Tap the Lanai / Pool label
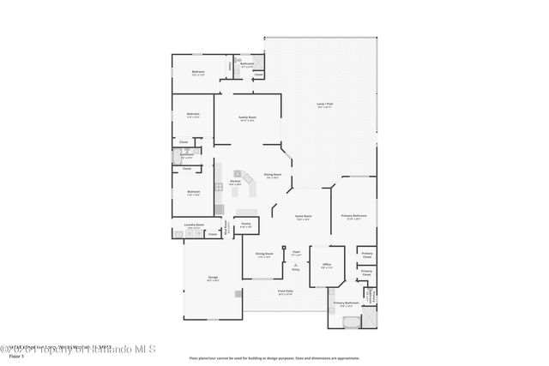tap(323, 105)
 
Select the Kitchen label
tap(235, 182)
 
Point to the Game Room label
tap(303, 216)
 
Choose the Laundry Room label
tap(194, 226)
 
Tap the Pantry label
tap(245, 225)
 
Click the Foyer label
tap(295, 252)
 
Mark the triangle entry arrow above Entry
tap(295, 266)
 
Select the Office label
tap(326, 265)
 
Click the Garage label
tap(212, 278)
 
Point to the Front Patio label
tap(286, 291)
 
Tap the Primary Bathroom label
tap(346, 303)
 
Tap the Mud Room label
tap(228, 228)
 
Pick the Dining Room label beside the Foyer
tap(264, 254)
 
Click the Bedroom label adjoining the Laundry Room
tap(194, 192)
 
